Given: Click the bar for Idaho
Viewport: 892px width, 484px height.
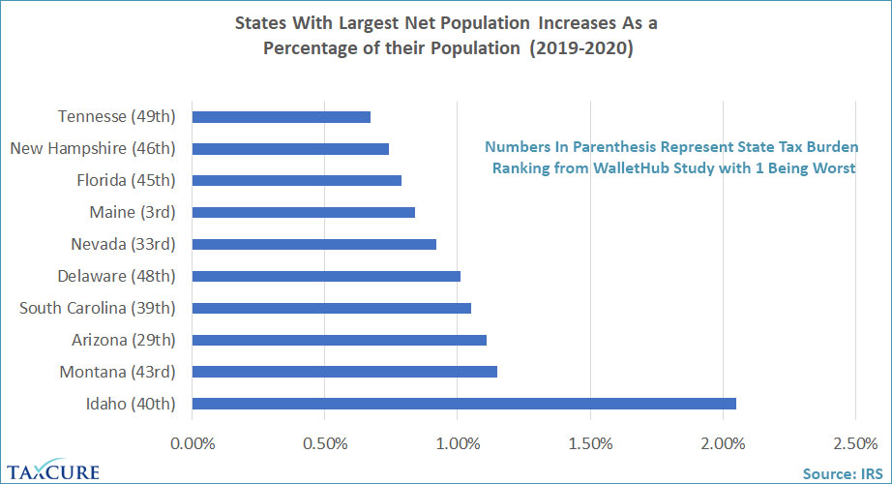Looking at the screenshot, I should [464, 404].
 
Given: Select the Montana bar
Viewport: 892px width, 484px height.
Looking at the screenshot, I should [344, 372].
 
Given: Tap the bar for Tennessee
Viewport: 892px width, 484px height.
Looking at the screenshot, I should [282, 117].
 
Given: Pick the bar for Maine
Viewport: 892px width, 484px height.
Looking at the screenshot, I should [304, 212].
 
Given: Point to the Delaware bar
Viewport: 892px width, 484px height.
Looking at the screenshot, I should [326, 276].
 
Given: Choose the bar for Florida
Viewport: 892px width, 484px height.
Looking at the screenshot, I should [297, 180].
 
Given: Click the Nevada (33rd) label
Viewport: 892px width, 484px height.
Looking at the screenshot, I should [123, 244].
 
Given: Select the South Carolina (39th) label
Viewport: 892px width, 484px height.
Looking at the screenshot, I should [98, 308].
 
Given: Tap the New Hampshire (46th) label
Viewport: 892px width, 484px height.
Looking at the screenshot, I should [92, 148].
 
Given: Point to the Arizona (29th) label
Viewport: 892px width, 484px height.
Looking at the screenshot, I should [123, 340].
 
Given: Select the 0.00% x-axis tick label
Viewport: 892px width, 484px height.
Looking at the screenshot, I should [193, 444].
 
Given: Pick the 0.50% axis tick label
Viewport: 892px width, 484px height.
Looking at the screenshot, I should [325, 444].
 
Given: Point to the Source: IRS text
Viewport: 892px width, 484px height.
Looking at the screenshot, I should [842, 473].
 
